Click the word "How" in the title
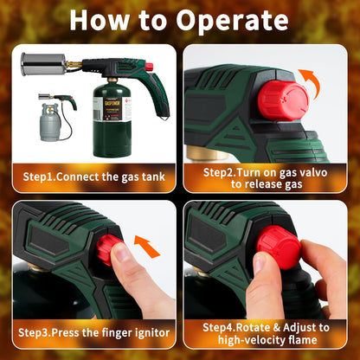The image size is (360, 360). tap(105, 21)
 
